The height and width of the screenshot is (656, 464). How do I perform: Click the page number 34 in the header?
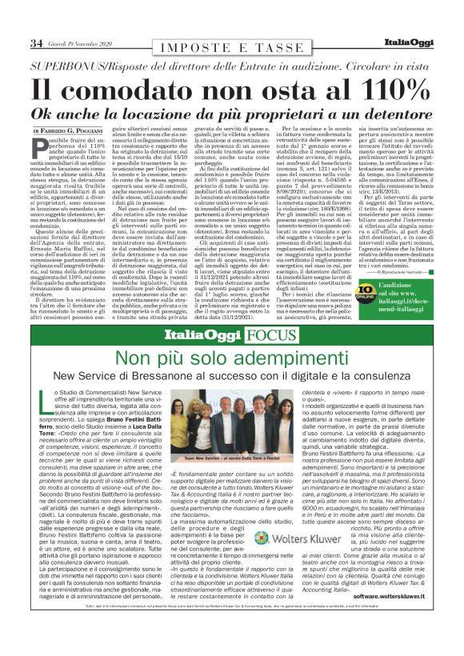tap(36, 42)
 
